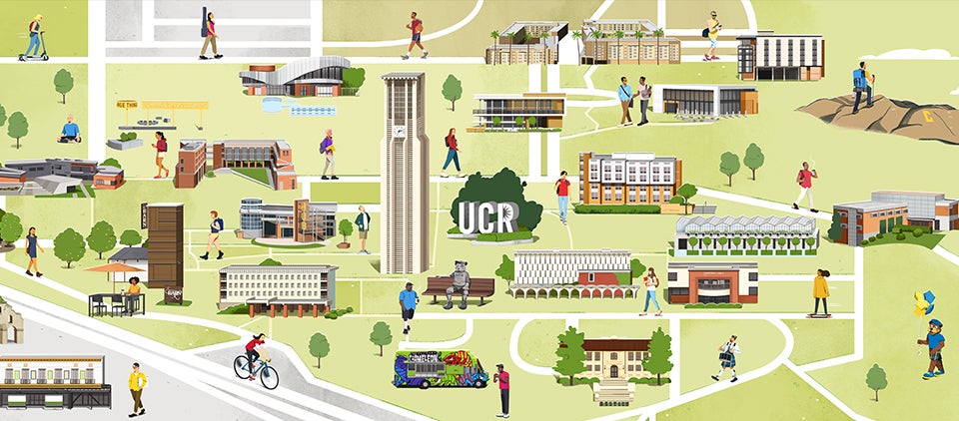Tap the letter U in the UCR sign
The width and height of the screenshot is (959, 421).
click(468, 216)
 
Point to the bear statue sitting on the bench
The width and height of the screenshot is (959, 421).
click(459, 284)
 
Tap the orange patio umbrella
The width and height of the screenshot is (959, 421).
click(115, 267)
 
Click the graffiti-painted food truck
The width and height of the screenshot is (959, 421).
click(440, 368)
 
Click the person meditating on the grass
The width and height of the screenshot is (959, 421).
click(69, 130)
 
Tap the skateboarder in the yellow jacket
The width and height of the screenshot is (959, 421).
click(820, 291)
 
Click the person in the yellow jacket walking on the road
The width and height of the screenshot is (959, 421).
click(137, 387)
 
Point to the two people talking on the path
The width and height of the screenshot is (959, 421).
click(634, 100)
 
